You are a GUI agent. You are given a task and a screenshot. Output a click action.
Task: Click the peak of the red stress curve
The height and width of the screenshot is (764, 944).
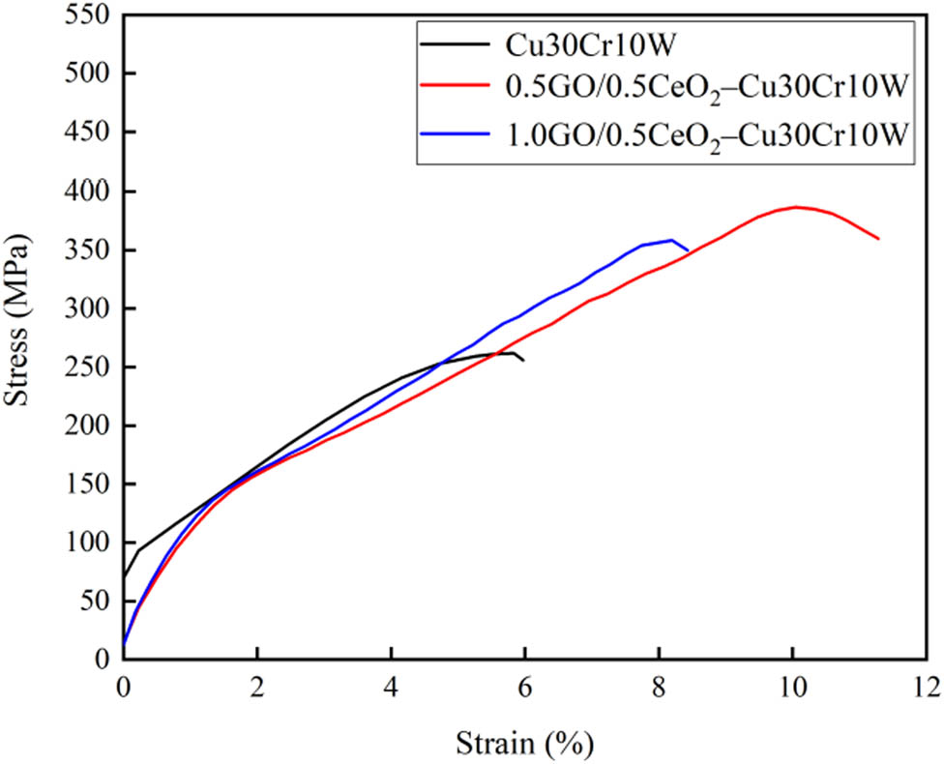[x=795, y=207]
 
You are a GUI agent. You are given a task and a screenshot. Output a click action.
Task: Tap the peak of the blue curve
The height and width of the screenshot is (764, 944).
[x=671, y=240]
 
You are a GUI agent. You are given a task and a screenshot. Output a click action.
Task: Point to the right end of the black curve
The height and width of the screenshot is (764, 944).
[x=523, y=361]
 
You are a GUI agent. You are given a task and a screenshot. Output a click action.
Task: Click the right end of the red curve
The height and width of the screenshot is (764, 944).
[x=878, y=239]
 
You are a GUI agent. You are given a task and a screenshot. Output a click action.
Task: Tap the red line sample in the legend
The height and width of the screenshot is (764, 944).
[x=454, y=88]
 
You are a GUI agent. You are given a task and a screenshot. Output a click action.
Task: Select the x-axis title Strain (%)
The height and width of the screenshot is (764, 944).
[x=525, y=743]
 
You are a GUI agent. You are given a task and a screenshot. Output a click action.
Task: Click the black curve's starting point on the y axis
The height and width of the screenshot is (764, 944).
[x=124, y=577]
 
